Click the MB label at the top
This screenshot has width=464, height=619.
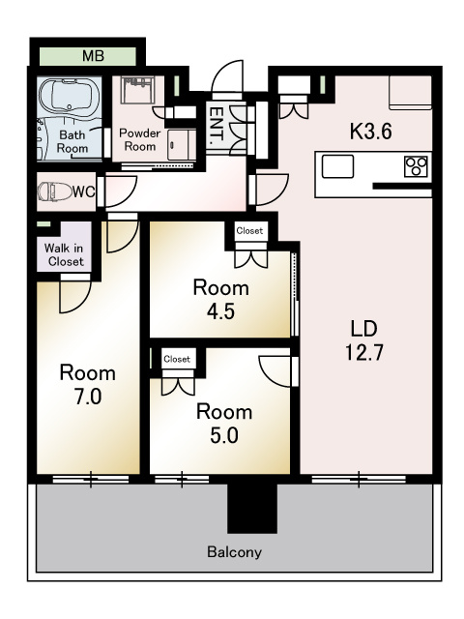(x=93, y=56)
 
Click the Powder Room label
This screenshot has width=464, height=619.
(x=139, y=139)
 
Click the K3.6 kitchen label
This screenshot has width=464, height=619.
(x=371, y=132)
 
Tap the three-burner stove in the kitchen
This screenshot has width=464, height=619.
(x=416, y=166)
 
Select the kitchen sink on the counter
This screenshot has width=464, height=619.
(x=337, y=166)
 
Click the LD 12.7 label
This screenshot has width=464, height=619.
(x=364, y=340)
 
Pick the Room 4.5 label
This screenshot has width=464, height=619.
(x=221, y=299)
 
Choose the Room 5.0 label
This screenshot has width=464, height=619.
(x=224, y=424)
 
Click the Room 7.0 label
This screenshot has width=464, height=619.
(x=88, y=385)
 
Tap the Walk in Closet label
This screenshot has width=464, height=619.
(x=65, y=255)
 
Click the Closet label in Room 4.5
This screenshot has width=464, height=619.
(x=249, y=230)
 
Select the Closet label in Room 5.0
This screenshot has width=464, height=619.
(x=177, y=359)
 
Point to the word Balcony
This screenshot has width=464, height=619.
(x=234, y=551)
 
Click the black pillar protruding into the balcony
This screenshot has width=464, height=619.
(x=252, y=508)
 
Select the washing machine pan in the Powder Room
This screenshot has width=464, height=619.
(x=137, y=90)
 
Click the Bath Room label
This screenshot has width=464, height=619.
(x=72, y=142)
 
